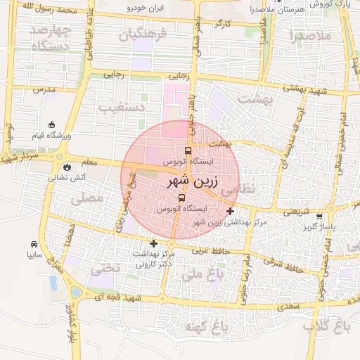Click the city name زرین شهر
(181, 181)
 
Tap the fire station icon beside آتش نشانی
(65, 168)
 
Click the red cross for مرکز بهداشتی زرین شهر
(231, 211)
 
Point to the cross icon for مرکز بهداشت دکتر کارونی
(154, 243)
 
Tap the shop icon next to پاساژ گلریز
(320, 217)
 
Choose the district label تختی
(107, 267)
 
